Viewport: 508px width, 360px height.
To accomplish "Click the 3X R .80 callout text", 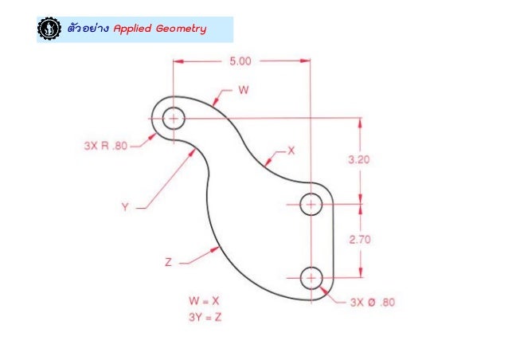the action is click(x=105, y=146).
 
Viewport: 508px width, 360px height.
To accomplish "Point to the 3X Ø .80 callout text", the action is click(x=372, y=302).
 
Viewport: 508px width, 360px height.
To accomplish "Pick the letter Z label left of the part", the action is click(x=169, y=261).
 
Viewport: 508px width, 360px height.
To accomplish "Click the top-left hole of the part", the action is click(x=172, y=119).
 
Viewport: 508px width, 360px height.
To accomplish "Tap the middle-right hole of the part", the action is click(x=310, y=205).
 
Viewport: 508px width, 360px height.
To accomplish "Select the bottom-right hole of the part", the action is click(x=310, y=277).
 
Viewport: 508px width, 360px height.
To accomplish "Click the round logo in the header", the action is click(x=49, y=29).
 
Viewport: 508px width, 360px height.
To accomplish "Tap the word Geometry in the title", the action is click(x=181, y=29).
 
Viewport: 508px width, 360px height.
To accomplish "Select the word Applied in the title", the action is click(x=133, y=29).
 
